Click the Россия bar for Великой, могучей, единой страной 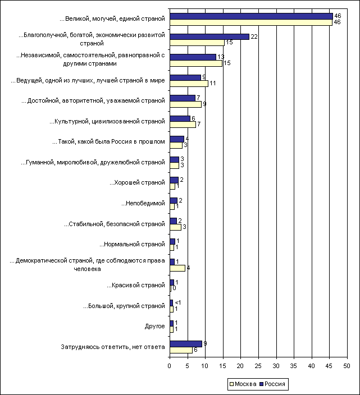click(251, 16)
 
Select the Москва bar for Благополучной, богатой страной click(197, 43)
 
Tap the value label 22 click(253, 36)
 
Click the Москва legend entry click(243, 384)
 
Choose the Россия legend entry click(272, 384)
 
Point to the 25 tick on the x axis click(258, 365)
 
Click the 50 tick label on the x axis click(347, 365)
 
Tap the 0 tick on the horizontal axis click(170, 365)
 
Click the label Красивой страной click(137, 285)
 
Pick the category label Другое click(154, 326)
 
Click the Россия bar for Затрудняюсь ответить click(186, 343)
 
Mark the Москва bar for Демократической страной click(177, 268)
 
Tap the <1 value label click(178, 302)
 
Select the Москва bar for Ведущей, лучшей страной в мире click(189, 84)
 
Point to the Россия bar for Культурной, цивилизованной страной click(180, 118)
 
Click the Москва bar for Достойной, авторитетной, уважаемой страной click(185, 104)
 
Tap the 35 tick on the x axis click(294, 365)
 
